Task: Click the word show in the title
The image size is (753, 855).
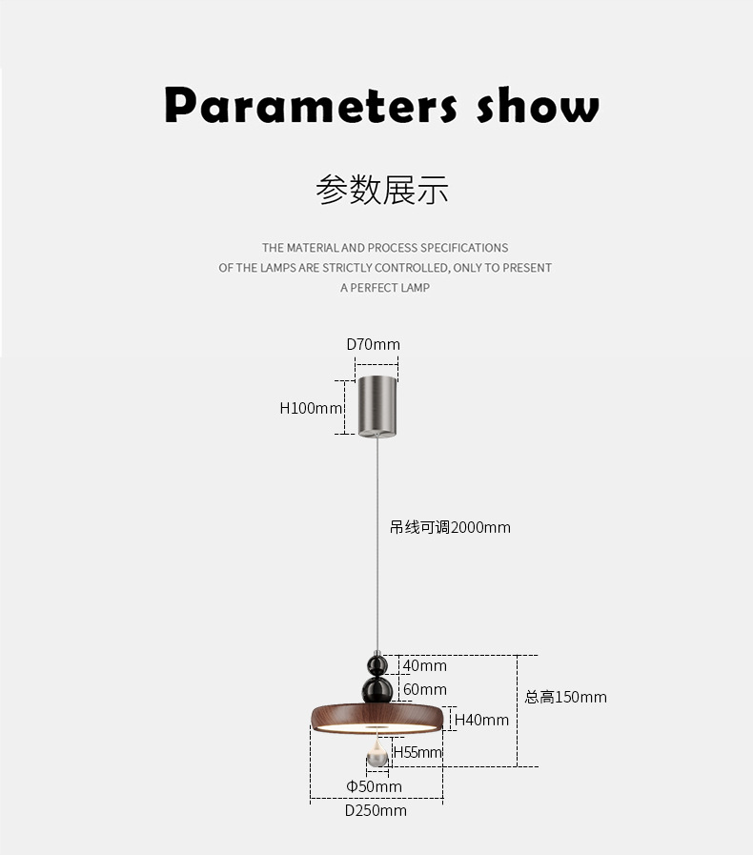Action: [539, 105]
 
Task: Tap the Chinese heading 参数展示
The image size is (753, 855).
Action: [381, 190]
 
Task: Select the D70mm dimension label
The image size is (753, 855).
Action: [373, 344]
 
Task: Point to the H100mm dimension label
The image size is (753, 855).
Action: [311, 408]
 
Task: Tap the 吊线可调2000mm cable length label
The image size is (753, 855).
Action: [450, 527]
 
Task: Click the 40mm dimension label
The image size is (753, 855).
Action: [424, 665]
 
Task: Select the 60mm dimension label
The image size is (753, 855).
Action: [424, 689]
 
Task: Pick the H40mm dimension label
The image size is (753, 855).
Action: [481, 720]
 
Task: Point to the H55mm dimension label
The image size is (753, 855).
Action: [417, 752]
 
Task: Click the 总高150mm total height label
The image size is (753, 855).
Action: [565, 697]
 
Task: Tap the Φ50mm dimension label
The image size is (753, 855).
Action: [374, 786]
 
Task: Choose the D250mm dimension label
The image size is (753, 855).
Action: [376, 810]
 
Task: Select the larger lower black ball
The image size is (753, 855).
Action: [377, 689]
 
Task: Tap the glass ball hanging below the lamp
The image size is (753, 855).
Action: [377, 757]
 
